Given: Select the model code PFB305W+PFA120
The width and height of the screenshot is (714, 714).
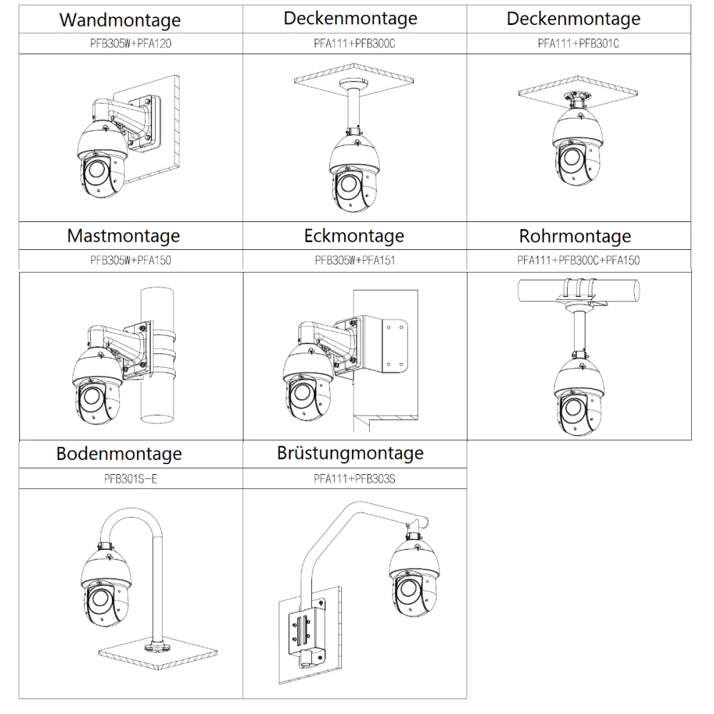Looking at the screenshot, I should pyautogui.click(x=130, y=44).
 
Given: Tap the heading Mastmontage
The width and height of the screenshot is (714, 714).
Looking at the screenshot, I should pyautogui.click(x=124, y=236).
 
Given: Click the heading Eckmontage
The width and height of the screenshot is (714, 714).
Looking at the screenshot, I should pyautogui.click(x=354, y=236).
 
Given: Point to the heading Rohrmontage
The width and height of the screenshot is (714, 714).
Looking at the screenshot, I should pyautogui.click(x=575, y=236).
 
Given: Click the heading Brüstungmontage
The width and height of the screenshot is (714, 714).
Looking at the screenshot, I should pyautogui.click(x=351, y=453).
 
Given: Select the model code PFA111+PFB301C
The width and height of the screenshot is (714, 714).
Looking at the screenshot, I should pyautogui.click(x=578, y=44).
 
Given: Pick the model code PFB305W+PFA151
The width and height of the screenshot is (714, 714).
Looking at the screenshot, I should pyautogui.click(x=355, y=261).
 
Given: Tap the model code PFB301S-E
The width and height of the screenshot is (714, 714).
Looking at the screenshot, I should pyautogui.click(x=130, y=478).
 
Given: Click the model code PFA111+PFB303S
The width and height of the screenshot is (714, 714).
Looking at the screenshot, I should pyautogui.click(x=354, y=478).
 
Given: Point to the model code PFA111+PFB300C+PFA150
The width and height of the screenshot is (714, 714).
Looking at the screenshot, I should pyautogui.click(x=578, y=261).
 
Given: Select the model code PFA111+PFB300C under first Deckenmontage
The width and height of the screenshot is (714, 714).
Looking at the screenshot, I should pyautogui.click(x=354, y=44).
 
